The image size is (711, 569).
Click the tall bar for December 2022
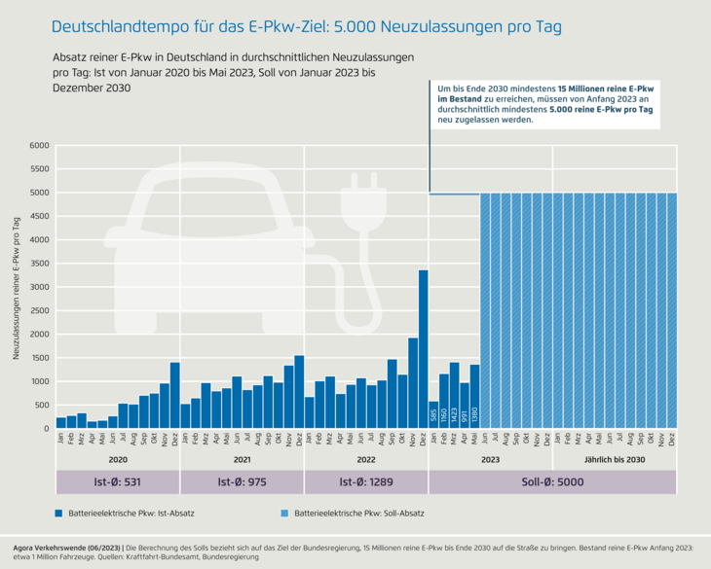(x=423, y=349)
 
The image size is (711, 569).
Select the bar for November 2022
(x=413, y=383)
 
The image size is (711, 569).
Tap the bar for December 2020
(x=174, y=395)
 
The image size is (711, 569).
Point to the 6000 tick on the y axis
(x=38, y=146)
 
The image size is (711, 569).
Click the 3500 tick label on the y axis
(x=38, y=264)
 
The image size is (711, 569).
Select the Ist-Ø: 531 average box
(x=118, y=481)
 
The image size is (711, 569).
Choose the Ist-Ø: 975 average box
(x=243, y=481)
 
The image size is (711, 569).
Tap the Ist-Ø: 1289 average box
(x=366, y=481)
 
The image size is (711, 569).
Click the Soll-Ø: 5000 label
(x=552, y=481)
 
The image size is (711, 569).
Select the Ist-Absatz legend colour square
(x=60, y=512)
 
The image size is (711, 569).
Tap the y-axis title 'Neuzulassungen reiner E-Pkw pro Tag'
(x=17, y=287)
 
